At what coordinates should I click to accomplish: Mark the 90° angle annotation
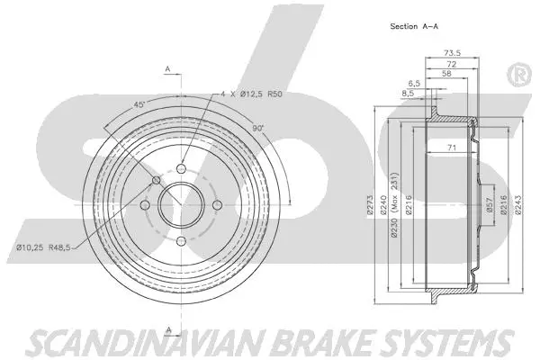pyautogui.click(x=257, y=130)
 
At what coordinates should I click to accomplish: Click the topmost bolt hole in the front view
pyautogui.click(x=181, y=168)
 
